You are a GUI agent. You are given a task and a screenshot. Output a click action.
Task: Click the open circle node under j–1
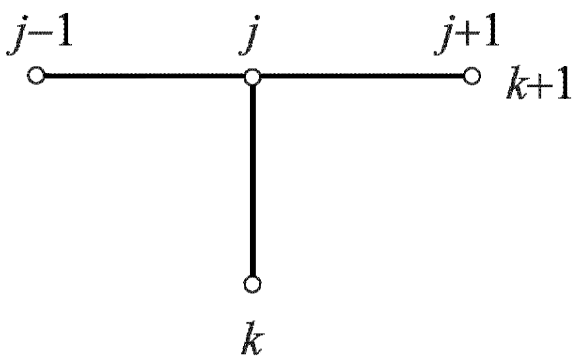click(36, 77)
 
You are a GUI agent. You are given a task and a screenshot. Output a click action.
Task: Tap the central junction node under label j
click(252, 77)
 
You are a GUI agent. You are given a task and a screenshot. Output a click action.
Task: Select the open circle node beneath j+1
click(470, 77)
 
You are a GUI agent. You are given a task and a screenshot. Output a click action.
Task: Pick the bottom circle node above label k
click(252, 284)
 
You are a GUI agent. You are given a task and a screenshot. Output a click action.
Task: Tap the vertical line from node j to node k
click(252, 181)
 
